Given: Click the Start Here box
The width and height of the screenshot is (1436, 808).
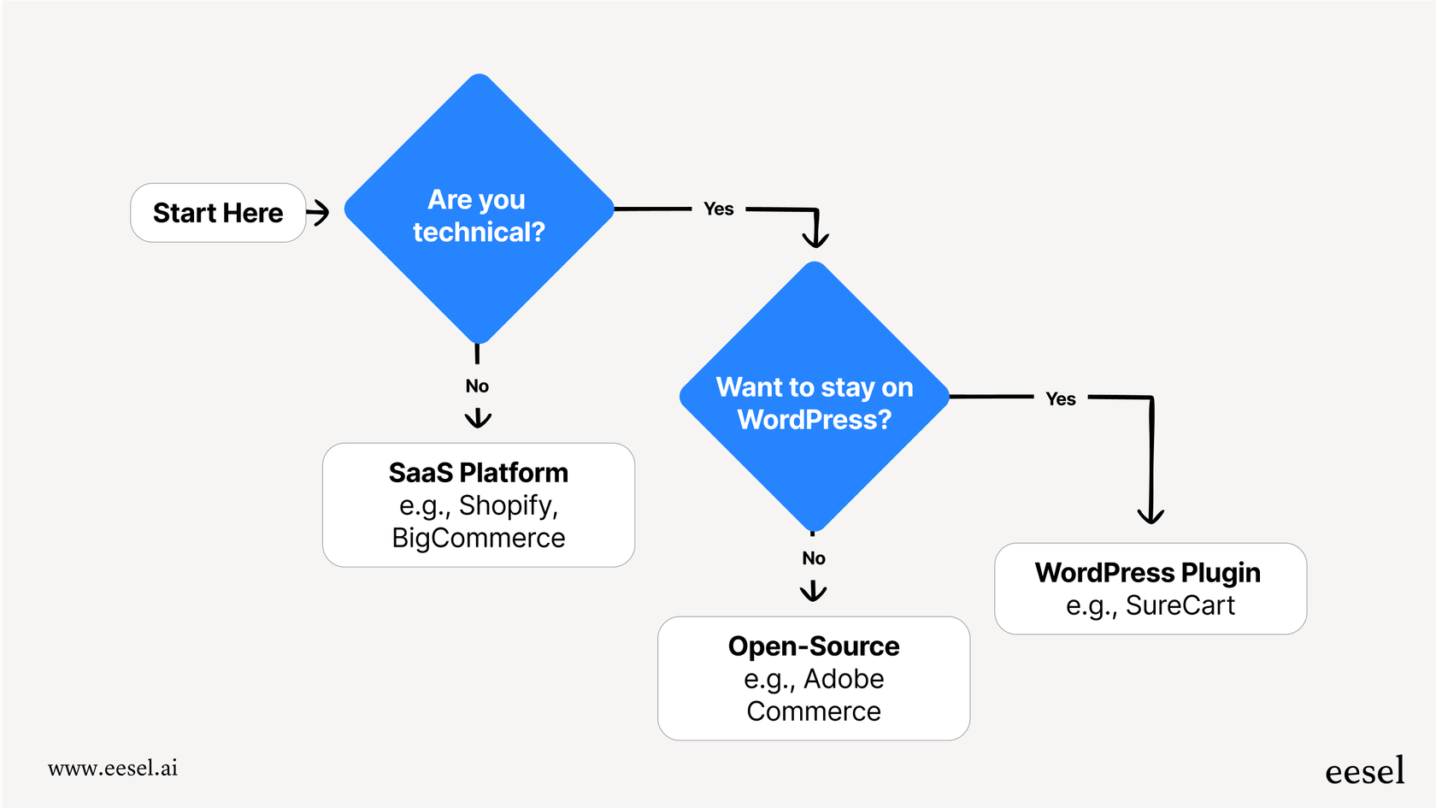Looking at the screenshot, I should point(218,213).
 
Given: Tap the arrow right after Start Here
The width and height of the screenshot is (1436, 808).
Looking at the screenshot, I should point(318,213).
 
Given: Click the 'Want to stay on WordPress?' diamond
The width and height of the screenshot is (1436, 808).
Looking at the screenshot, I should point(815,397).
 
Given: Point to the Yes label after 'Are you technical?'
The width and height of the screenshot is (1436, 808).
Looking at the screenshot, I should point(718,209).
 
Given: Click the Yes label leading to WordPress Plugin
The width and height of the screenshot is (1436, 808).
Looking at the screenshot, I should point(1060,398).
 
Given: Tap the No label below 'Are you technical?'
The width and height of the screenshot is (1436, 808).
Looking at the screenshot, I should point(477,386).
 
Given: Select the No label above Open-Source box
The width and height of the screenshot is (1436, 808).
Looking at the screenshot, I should point(814,558).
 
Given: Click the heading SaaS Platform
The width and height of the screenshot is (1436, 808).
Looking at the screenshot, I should point(478,473).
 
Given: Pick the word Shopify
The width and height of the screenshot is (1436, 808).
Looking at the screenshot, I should point(507,505).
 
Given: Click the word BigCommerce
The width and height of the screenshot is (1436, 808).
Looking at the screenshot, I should point(478,538).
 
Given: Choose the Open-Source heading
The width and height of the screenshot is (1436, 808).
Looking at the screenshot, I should point(814,646).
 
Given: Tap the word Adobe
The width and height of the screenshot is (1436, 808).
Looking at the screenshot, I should point(844,679).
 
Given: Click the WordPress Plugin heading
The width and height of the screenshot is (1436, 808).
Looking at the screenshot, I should point(1148,573).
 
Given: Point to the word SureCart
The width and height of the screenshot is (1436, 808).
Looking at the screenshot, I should point(1180,605).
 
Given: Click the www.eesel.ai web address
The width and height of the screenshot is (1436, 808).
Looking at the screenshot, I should point(113,768).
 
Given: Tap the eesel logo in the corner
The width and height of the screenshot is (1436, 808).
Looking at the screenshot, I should point(1364,770).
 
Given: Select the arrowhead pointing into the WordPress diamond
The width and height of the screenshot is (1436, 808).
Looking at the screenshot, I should point(815,239).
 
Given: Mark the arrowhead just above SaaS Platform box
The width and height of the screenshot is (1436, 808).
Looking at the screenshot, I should point(478,418).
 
